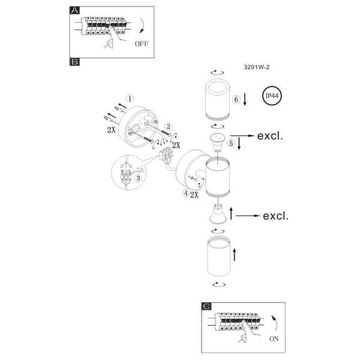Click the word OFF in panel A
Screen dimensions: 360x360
[142, 44]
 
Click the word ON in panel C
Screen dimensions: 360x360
[274, 339]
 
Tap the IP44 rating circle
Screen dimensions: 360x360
[272, 96]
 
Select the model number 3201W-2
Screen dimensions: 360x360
[257, 67]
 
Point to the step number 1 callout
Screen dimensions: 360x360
[130, 99]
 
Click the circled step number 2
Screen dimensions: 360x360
[169, 127]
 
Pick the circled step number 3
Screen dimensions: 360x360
[138, 178]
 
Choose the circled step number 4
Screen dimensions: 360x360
[186, 193]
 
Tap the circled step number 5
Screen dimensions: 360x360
[231, 143]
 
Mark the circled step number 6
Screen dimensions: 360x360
[236, 99]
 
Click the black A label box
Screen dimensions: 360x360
[74, 10]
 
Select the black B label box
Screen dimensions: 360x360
[74, 62]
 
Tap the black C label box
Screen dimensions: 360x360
[206, 306]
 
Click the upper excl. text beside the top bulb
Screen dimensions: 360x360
[270, 136]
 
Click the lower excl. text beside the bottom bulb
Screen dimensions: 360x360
[275, 216]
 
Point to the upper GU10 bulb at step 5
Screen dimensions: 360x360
[217, 142]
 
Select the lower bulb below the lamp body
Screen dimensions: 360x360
[217, 214]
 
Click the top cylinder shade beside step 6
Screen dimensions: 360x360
[217, 100]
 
